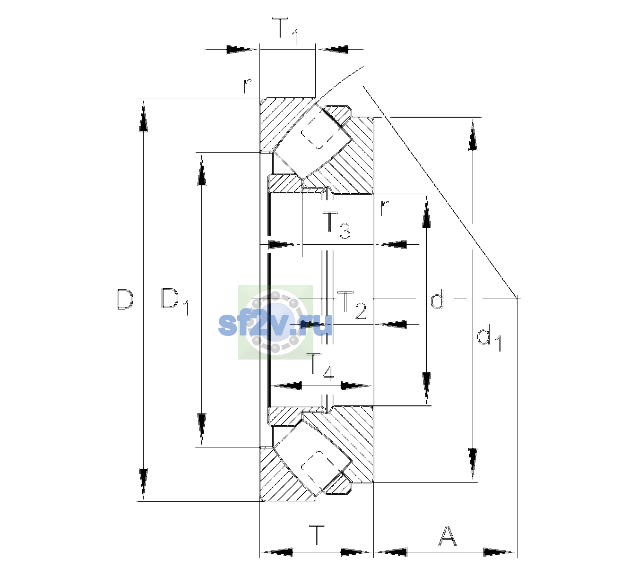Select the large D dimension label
(125, 299)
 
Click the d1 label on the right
(489, 339)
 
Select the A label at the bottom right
(447, 535)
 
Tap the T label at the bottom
(318, 535)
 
